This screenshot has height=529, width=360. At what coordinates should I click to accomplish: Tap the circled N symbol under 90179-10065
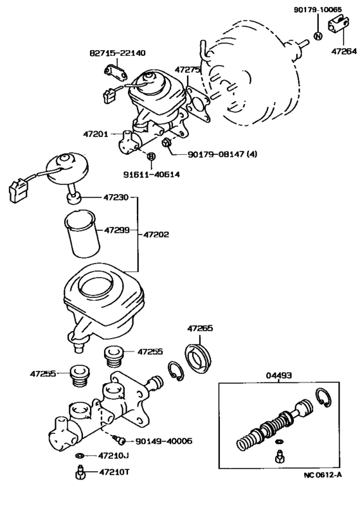(x=318, y=35)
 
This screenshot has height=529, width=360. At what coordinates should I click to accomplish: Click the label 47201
(x=96, y=134)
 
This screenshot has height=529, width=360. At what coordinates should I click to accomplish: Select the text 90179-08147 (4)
(x=222, y=154)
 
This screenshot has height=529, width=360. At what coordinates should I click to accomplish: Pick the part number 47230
(x=116, y=198)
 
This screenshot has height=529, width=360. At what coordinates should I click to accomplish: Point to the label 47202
(x=156, y=235)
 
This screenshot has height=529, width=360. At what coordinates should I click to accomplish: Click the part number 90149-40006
(x=164, y=442)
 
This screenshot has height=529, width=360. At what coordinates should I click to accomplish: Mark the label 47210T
(x=114, y=472)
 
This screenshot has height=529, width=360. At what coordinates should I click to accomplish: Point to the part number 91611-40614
(x=152, y=174)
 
